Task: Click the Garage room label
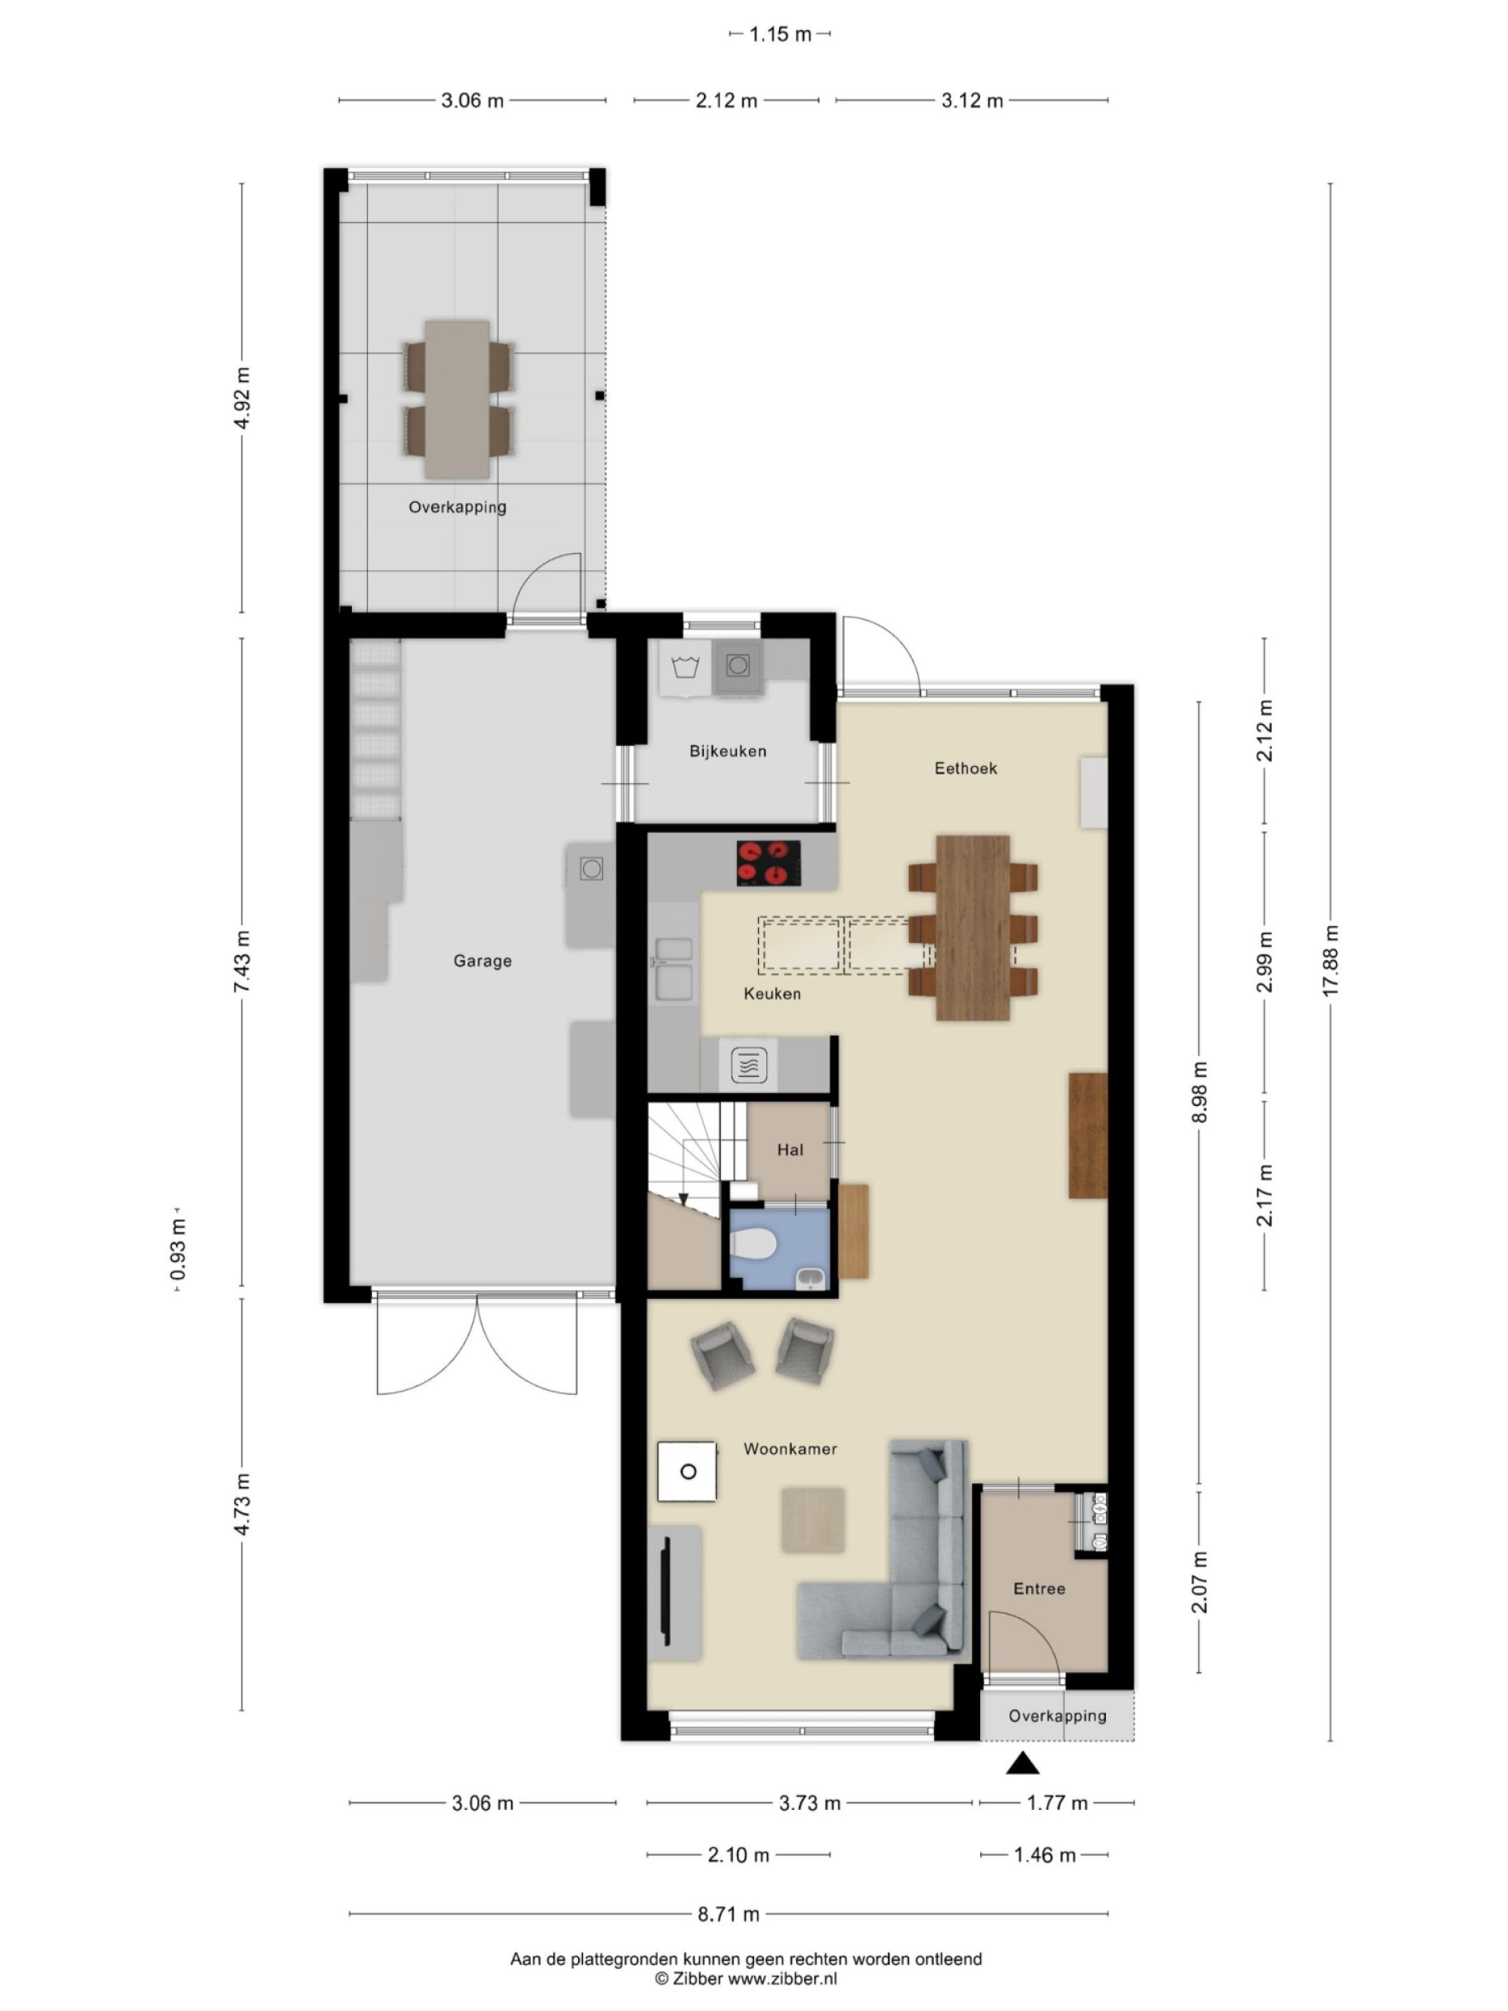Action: click(x=482, y=961)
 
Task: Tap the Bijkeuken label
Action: click(x=727, y=751)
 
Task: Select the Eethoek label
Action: click(x=966, y=768)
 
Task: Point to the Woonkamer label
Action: click(x=790, y=1449)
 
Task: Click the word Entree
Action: click(x=1039, y=1589)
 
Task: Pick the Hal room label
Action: click(x=790, y=1150)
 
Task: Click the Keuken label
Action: click(x=772, y=993)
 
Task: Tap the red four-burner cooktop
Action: click(x=768, y=863)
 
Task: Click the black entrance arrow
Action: click(x=1022, y=1764)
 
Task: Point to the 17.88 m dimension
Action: click(x=1330, y=961)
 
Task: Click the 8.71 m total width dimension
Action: click(x=728, y=1915)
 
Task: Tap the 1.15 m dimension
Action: click(x=780, y=35)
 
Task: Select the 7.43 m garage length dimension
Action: click(x=242, y=961)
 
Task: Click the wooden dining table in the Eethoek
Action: click(x=973, y=928)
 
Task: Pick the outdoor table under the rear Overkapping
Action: click(x=457, y=399)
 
